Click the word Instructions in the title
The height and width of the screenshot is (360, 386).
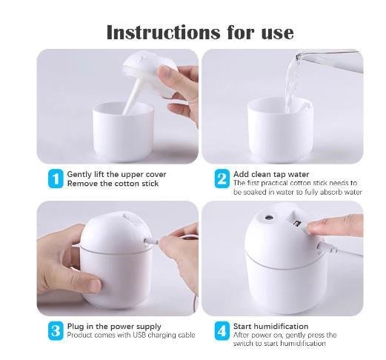163,33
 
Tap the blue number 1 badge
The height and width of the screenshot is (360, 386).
56,179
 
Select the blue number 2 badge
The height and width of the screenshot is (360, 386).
222,179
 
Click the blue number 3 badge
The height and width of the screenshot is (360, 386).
56,331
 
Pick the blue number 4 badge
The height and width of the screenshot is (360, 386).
222,331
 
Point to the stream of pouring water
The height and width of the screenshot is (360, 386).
292,84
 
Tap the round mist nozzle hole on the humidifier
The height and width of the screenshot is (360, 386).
268,218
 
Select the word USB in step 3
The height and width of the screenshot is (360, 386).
140,335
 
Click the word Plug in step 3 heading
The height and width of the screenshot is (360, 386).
76,327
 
